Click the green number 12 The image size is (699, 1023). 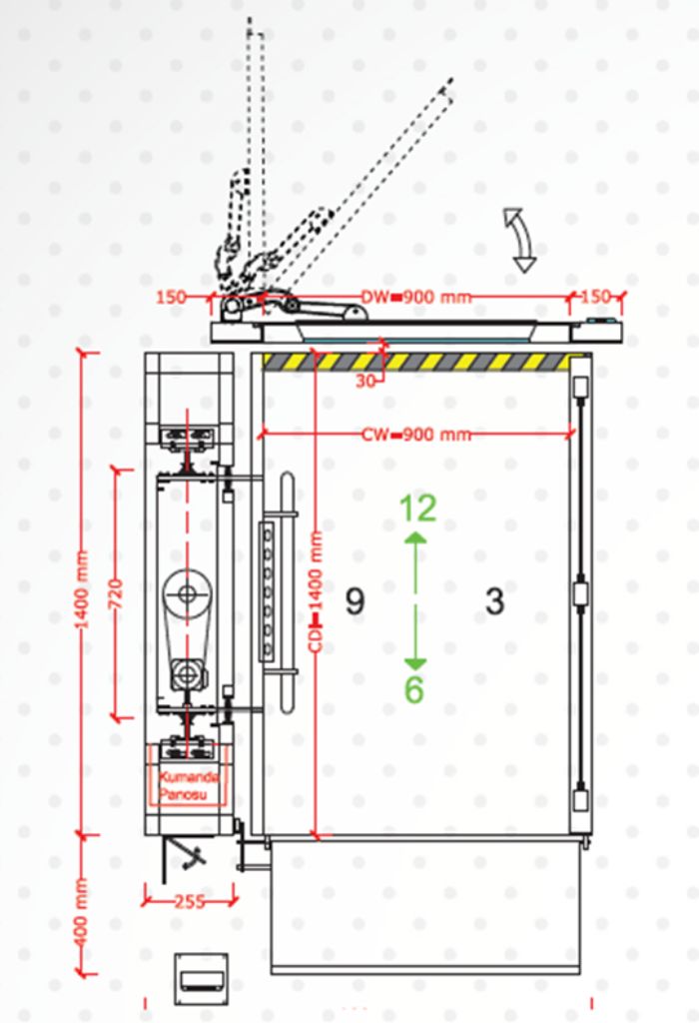click(x=417, y=509)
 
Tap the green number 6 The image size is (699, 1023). click(x=414, y=689)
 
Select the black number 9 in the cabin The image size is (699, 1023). click(x=354, y=600)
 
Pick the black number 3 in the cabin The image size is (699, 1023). click(x=495, y=600)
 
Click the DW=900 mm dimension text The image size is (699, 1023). click(x=416, y=297)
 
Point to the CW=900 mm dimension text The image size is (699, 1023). click(x=416, y=434)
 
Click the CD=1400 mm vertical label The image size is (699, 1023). click(x=317, y=591)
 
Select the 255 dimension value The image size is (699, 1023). click(x=190, y=902)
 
